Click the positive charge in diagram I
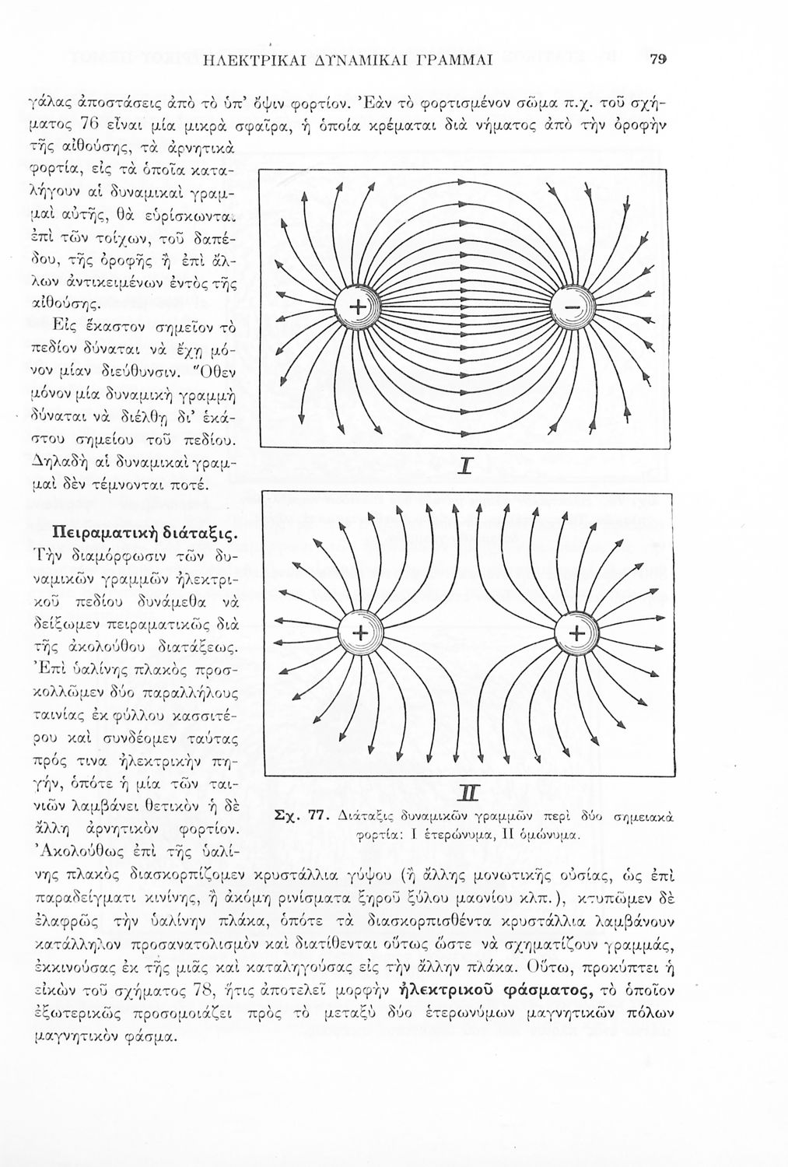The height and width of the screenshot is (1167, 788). (357, 309)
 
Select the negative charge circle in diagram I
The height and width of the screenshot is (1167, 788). (572, 309)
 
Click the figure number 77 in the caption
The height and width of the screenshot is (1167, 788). (316, 815)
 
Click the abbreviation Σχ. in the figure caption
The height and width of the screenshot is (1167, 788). (285, 815)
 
